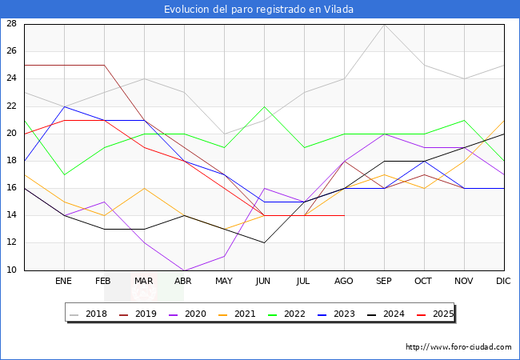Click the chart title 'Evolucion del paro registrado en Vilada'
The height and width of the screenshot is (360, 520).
click(x=259, y=10)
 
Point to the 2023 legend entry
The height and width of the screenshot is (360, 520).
click(x=341, y=314)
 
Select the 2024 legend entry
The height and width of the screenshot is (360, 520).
click(x=390, y=314)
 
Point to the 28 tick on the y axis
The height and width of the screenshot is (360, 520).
click(x=12, y=24)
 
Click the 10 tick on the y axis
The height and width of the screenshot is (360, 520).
click(x=12, y=270)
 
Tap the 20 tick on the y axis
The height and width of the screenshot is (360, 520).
click(x=12, y=134)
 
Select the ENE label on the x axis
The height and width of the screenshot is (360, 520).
click(x=64, y=282)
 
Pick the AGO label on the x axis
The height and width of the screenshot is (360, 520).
click(x=344, y=282)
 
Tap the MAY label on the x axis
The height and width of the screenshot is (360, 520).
click(x=224, y=282)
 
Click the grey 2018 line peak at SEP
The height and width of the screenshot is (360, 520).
click(x=384, y=24)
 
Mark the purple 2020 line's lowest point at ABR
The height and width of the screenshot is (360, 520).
click(x=184, y=270)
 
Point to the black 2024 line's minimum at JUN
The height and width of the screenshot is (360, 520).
click(x=264, y=242)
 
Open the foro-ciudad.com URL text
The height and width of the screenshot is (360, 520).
click(x=458, y=347)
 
